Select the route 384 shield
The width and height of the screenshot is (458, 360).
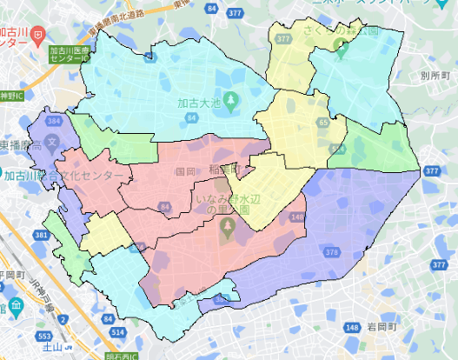[56, 119]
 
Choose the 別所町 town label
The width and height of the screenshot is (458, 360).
[432, 76]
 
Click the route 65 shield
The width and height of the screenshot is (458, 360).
[323, 123]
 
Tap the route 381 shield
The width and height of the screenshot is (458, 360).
[42, 235]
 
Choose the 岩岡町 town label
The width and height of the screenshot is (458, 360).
[382, 328]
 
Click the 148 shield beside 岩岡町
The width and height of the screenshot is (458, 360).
[351, 328]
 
